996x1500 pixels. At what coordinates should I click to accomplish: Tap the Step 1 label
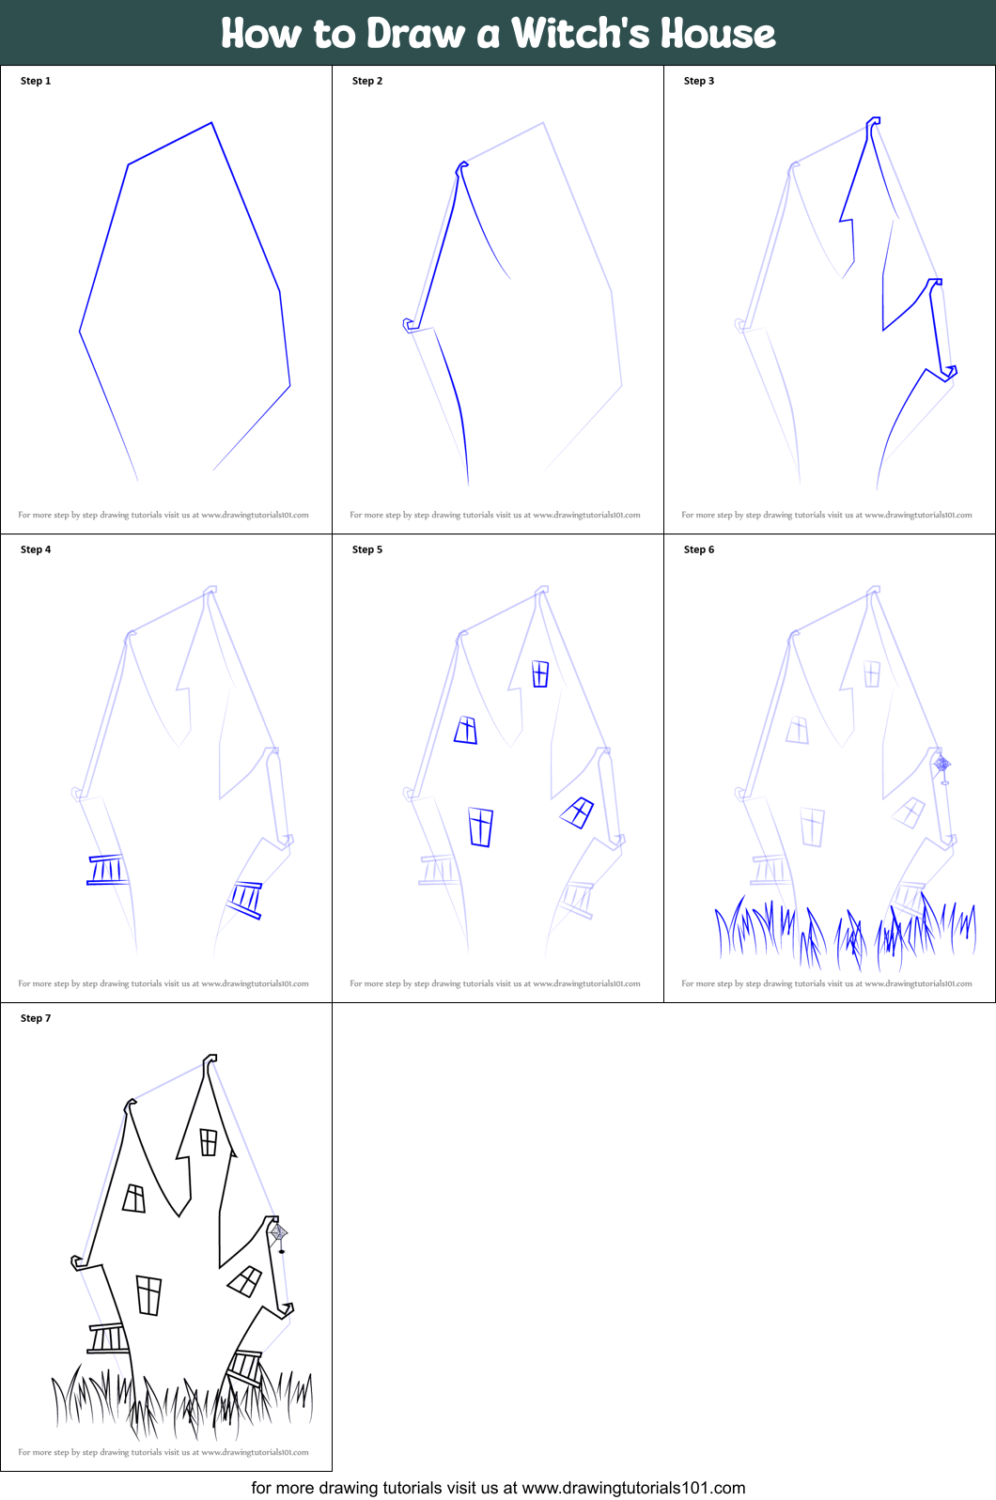36,81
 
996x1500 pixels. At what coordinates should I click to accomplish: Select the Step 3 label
698,81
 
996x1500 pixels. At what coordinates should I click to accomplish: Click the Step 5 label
366,549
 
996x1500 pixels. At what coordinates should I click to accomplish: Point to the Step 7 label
36,1018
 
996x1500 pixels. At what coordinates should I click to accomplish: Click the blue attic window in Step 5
540,673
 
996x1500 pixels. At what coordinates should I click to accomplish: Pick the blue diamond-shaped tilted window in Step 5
577,812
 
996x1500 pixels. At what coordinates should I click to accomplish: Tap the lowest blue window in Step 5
481,827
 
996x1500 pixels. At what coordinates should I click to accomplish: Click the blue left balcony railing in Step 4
106,870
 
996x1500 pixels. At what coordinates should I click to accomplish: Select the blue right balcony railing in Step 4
246,898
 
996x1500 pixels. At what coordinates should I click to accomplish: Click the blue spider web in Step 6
942,765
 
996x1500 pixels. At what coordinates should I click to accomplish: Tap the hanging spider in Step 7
281,1250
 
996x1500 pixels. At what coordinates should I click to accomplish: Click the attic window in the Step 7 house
209,1142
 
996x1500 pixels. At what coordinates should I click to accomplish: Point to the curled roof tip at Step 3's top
873,122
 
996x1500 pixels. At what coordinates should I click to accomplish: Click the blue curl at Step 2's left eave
410,325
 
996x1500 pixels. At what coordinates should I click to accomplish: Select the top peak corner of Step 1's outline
211,123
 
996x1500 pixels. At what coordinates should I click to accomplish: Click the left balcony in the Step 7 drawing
108,1338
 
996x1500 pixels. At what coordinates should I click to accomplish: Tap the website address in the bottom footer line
632,1488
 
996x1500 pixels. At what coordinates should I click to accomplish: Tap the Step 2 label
366,81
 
